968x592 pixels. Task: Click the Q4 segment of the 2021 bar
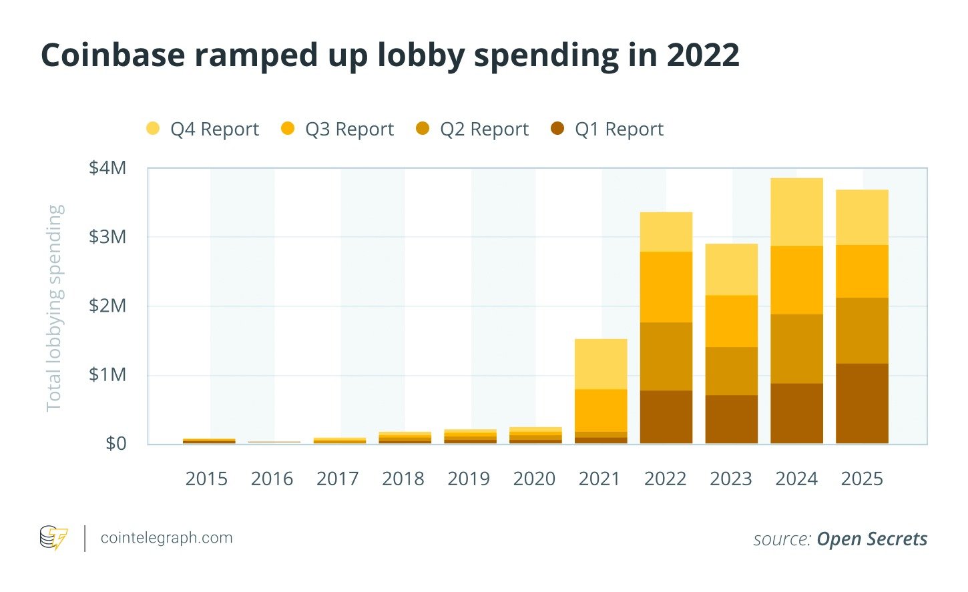tap(601, 364)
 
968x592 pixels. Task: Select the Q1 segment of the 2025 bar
tap(862, 403)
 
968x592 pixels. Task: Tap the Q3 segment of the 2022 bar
tap(666, 287)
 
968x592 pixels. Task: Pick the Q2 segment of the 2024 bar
tap(797, 348)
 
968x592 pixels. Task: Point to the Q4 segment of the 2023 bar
tap(732, 269)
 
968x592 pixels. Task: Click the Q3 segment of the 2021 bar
tap(601, 410)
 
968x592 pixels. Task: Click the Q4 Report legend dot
tap(153, 128)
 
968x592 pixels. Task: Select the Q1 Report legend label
tap(619, 129)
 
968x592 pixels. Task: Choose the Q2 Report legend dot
tap(422, 128)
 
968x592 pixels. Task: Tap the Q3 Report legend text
tap(349, 129)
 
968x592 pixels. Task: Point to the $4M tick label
tap(107, 168)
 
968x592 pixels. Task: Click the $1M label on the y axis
tap(107, 374)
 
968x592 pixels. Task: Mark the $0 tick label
tap(115, 443)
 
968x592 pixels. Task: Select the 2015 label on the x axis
tap(206, 479)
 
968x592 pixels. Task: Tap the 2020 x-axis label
tap(534, 479)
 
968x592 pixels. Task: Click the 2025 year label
tap(862, 479)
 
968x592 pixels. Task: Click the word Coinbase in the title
tap(113, 55)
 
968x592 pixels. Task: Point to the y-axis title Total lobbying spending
tap(55, 308)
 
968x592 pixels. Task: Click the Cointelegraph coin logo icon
tap(53, 538)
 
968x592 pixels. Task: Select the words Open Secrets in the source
tap(872, 539)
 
